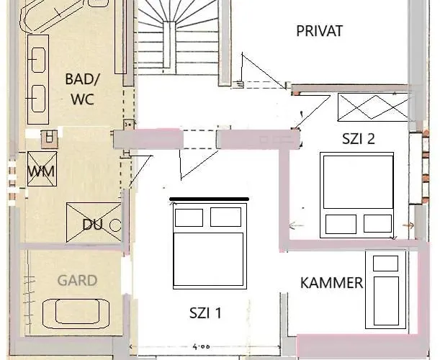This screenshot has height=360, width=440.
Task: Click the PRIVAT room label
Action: click(x=319, y=31)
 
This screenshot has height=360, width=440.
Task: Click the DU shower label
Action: click(x=92, y=225)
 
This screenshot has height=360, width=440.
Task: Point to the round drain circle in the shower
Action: click(x=115, y=225)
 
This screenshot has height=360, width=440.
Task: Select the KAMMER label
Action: click(x=331, y=283)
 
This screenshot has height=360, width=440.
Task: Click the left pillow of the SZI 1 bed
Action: click(x=189, y=217)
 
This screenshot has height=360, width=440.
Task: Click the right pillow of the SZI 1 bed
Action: click(x=227, y=217)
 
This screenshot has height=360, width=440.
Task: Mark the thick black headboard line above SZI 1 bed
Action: click(x=209, y=198)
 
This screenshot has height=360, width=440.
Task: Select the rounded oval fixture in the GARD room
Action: click(x=75, y=312)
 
